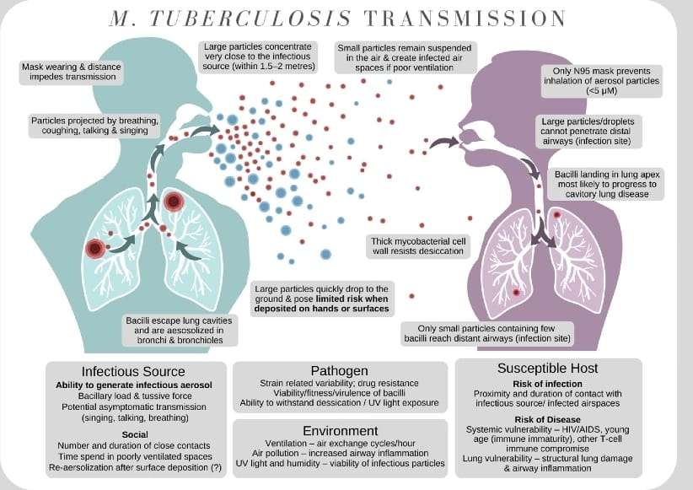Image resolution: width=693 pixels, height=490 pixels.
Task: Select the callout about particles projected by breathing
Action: tap(90, 125)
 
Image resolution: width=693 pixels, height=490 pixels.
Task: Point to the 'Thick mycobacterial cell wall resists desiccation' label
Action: tap(418, 245)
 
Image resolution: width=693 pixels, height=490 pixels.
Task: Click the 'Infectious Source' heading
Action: tap(133, 371)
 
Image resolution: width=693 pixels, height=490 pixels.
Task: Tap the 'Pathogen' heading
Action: tap(339, 370)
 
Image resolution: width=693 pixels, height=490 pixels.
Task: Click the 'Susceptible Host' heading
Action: tap(549, 369)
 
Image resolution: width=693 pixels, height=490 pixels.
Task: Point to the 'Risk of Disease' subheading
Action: tap(549, 419)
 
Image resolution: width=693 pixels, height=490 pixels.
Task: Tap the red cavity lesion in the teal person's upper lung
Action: tap(175, 202)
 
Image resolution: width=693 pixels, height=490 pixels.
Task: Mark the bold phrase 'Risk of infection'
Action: tap(549, 385)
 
